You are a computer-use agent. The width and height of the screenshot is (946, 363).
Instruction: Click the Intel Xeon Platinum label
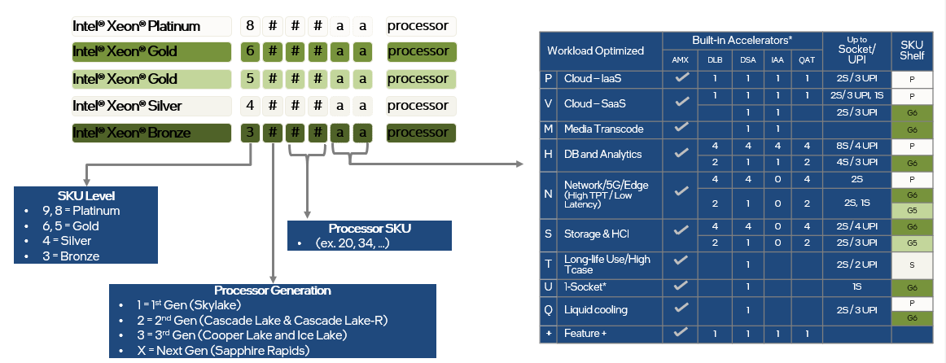point(136,25)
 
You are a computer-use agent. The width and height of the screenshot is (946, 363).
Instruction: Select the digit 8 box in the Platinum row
point(250,25)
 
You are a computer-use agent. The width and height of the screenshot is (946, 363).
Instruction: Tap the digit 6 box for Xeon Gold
point(250,52)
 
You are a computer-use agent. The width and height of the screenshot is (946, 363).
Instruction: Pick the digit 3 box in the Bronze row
point(250,132)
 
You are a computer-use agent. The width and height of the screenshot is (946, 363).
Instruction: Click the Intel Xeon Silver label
point(127,106)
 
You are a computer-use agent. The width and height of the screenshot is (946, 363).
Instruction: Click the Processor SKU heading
point(369,227)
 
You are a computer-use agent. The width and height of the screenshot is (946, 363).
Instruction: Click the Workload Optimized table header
point(595,50)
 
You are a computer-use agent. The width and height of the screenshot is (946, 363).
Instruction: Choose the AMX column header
point(680,59)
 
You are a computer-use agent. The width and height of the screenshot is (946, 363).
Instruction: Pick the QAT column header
point(806,59)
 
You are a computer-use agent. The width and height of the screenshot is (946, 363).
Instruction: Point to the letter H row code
point(548,155)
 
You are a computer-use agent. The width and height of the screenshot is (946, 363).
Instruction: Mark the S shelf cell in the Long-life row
point(912,265)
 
